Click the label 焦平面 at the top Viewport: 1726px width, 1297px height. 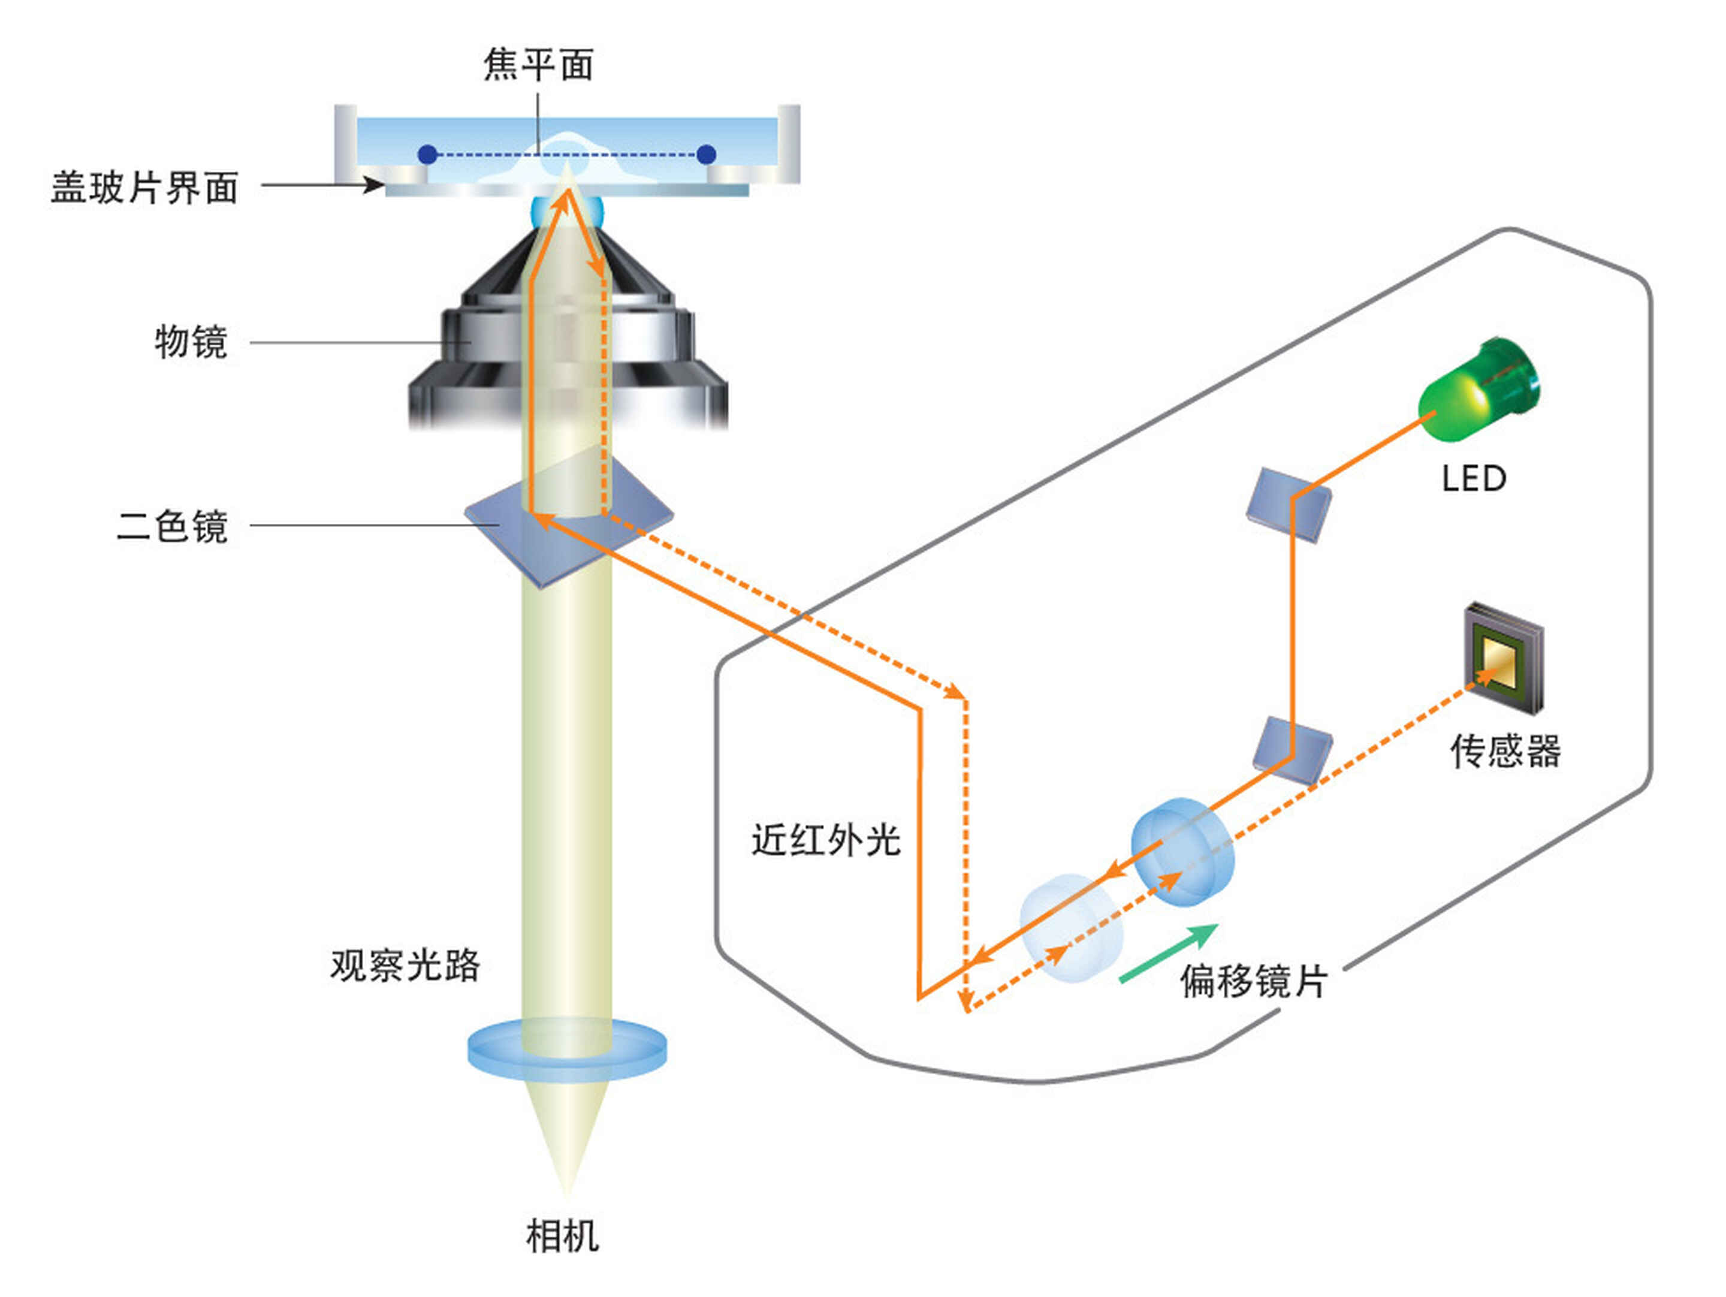(x=538, y=64)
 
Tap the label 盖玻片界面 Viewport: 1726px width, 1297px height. (x=144, y=187)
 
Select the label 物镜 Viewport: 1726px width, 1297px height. (x=191, y=342)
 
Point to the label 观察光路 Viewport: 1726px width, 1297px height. (x=405, y=966)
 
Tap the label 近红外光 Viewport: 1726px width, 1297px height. (x=826, y=840)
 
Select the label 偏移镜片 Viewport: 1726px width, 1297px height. (x=1253, y=981)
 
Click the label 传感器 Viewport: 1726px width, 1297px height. (x=1505, y=751)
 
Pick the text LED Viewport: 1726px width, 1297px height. (x=1474, y=479)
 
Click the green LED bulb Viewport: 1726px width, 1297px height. (x=1478, y=388)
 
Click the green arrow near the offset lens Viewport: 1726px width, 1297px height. (x=1169, y=953)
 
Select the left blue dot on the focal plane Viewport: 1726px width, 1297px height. (x=427, y=155)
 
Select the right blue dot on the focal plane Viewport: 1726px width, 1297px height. (x=706, y=155)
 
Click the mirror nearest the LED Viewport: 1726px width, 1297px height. (x=1289, y=504)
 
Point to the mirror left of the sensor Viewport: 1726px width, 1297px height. (x=1292, y=749)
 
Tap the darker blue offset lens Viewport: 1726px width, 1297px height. (x=1183, y=852)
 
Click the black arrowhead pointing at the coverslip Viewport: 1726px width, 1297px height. (x=375, y=185)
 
